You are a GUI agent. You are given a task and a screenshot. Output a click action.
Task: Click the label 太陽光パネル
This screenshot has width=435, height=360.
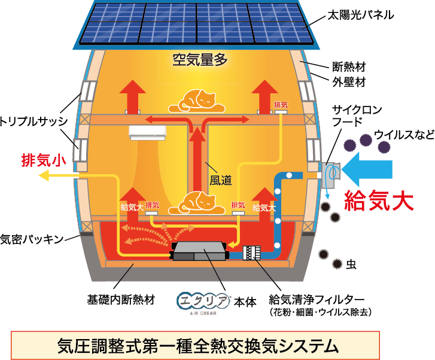coord(360,16)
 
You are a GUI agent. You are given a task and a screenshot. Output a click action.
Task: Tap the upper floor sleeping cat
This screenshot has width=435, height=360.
coord(197,100)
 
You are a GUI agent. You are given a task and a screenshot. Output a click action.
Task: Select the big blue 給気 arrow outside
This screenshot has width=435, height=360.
coord(367,169)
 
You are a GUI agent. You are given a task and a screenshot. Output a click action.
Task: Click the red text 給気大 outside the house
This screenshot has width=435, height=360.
coord(379,200)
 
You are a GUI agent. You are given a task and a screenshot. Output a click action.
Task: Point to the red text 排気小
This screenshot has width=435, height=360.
coord(44,160)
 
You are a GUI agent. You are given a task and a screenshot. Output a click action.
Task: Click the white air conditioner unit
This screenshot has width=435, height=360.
coord(147,133)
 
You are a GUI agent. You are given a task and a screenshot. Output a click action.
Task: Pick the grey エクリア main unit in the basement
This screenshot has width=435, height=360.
coord(199,251)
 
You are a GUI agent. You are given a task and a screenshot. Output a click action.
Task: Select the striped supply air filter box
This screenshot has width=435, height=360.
coord(252,253)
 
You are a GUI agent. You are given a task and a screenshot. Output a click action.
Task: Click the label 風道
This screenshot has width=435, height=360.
coord(220,180)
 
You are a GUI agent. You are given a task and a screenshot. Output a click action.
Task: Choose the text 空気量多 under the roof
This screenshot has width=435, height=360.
coord(200,60)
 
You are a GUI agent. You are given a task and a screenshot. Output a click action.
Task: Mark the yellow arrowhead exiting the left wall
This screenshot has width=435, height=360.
coord(44,176)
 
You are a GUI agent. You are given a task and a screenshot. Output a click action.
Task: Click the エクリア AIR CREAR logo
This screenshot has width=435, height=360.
coord(203,303)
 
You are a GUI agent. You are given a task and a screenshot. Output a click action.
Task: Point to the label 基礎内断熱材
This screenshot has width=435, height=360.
coord(121,300)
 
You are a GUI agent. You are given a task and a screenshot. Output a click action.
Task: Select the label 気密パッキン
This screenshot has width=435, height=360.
coord(32,239)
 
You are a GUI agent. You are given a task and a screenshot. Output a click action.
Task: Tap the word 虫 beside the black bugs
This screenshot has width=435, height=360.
coord(351,264)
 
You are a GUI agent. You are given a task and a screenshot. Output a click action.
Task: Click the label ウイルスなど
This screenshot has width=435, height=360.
coord(404,135)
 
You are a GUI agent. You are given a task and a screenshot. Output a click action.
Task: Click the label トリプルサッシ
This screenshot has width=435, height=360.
coord(34,121)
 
